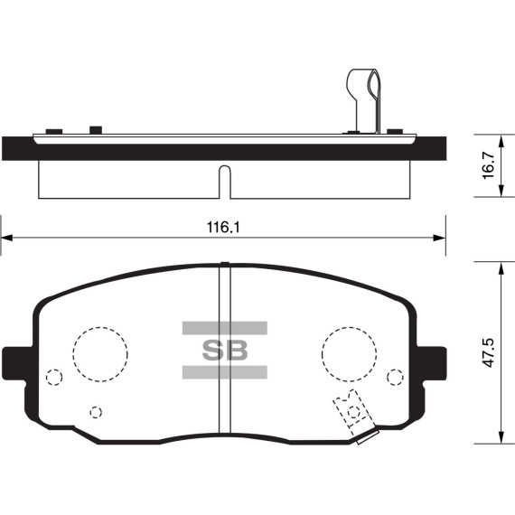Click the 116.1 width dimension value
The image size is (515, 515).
point(223,228)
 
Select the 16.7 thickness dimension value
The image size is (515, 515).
point(489,165)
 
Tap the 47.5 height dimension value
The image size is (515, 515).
point(489,352)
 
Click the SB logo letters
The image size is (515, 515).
point(225,351)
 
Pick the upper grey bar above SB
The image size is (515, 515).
point(225,328)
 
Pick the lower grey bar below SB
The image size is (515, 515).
point(225,372)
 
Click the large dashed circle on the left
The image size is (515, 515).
point(73,354)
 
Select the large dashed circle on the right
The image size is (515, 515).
point(323,354)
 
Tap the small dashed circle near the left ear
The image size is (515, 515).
point(47,377)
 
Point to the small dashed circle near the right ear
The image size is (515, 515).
point(388,377)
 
